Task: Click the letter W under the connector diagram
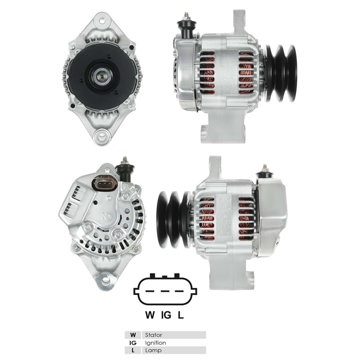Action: point(149,315)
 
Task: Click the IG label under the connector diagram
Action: point(166,315)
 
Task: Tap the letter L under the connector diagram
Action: point(181,315)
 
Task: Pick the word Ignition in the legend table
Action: point(156,343)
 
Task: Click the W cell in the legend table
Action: point(133,335)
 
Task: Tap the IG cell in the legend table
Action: point(133,343)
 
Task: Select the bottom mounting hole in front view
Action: point(101,136)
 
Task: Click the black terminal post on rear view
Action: point(126,171)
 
